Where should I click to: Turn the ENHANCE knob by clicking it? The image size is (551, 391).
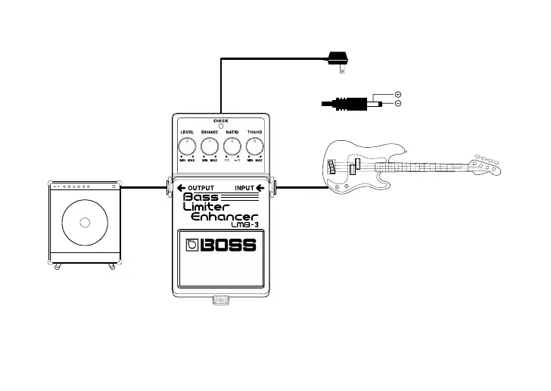(x=210, y=144)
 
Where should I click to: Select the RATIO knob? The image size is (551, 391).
(x=232, y=144)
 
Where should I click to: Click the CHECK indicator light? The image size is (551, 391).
(x=221, y=126)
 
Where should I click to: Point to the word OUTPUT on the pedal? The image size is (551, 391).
(x=201, y=188)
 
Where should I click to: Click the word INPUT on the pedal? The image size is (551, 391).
(x=244, y=188)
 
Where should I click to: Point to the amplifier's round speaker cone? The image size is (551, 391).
(x=84, y=221)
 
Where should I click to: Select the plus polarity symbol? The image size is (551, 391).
(x=398, y=94)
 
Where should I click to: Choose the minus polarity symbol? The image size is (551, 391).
(x=398, y=103)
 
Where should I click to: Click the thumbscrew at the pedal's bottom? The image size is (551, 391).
(x=221, y=301)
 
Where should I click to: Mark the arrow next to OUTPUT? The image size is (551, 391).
(x=182, y=188)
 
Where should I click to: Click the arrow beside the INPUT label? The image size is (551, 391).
(x=260, y=188)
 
